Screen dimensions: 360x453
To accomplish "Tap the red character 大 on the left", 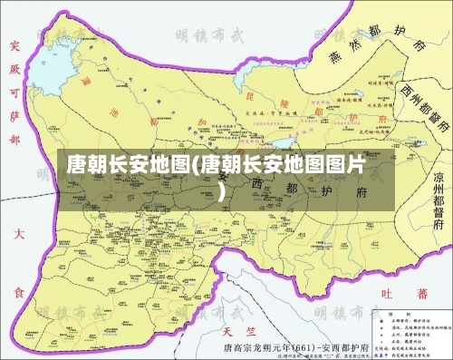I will coord(16,235).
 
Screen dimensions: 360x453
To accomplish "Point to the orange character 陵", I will coord(282,102).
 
